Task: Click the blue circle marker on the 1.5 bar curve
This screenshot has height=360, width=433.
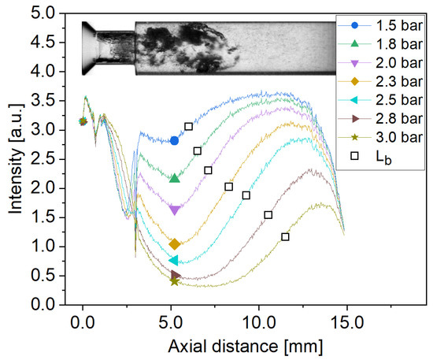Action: click(175, 140)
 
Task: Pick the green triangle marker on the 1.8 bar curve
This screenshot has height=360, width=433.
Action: click(175, 178)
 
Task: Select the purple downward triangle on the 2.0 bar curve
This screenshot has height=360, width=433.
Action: click(175, 210)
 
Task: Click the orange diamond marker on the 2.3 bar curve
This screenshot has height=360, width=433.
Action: click(175, 244)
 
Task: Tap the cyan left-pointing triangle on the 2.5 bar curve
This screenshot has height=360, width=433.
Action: click(174, 261)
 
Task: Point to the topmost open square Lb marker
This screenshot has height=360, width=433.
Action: click(188, 127)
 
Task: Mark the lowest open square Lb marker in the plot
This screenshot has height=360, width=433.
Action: click(285, 236)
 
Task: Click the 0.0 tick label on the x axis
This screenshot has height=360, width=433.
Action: click(83, 322)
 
